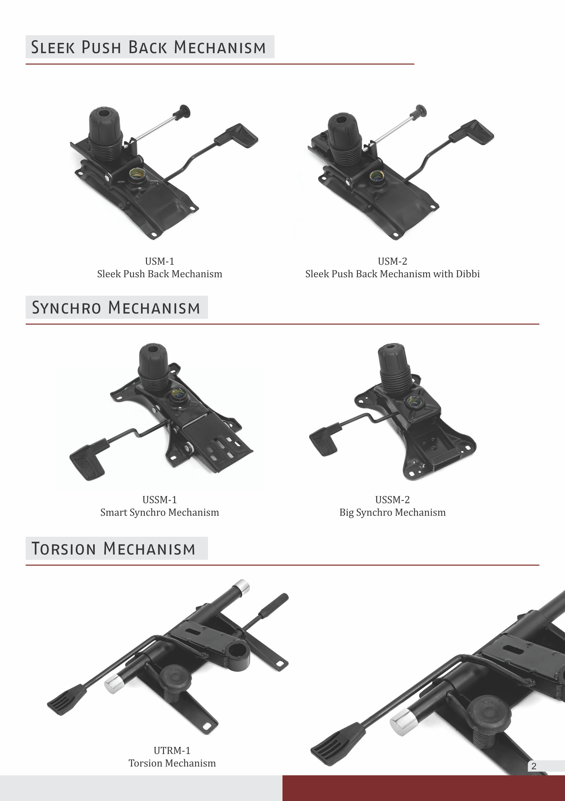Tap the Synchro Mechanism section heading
[x=116, y=307]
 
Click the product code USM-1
[x=160, y=261]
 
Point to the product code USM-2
[x=392, y=261]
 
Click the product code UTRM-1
[x=172, y=750]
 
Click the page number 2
[x=533, y=766]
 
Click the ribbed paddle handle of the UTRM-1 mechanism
[x=67, y=699]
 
